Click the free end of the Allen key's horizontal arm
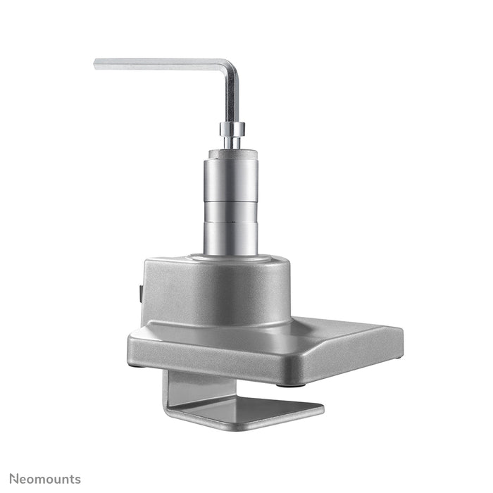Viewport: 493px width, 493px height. (98, 64)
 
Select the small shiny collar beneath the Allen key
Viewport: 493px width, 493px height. (231, 129)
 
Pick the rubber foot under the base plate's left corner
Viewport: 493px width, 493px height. (140, 364)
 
